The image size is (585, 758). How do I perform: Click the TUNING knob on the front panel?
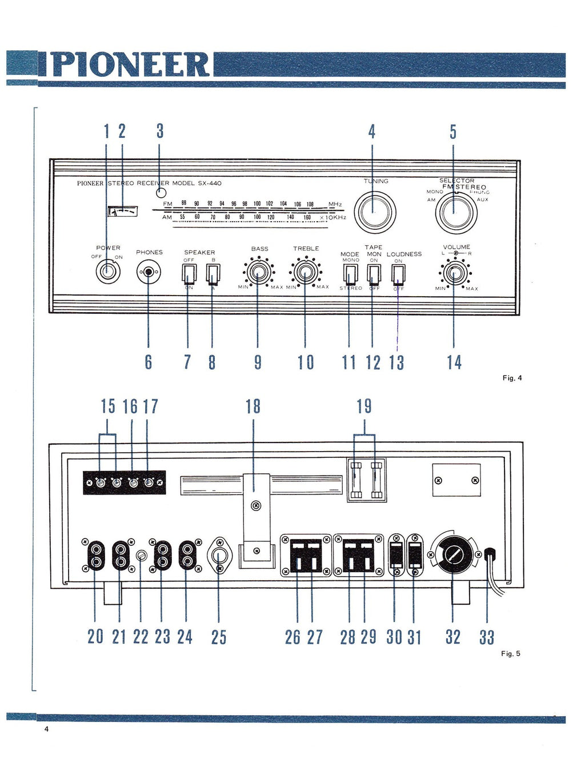coord(375,212)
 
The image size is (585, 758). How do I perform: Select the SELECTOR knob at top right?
coord(456,213)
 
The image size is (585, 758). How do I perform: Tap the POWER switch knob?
coord(107,271)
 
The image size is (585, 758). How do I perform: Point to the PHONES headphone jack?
coord(149,272)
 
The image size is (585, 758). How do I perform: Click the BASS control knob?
coord(258,273)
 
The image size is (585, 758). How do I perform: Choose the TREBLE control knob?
coord(306,273)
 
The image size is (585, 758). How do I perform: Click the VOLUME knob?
coord(455,273)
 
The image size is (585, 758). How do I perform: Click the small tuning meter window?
coord(123,211)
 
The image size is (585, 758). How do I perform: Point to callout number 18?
coord(253,406)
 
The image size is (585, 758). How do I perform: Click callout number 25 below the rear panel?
coord(219,637)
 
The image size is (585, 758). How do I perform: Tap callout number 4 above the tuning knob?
coord(372,131)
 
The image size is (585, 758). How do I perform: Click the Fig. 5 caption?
coord(510,653)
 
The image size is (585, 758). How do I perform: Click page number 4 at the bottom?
coord(46,729)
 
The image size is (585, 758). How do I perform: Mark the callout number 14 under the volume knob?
coord(454,362)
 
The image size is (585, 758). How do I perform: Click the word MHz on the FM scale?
coord(335,204)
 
